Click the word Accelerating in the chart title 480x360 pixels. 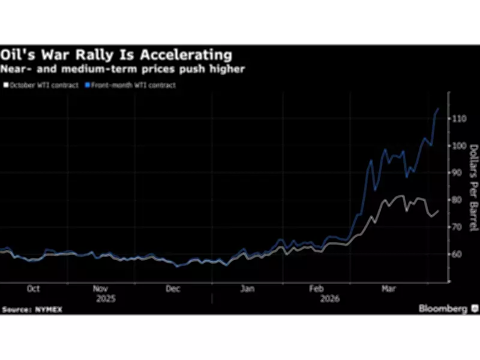point(185,55)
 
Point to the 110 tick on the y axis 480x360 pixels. point(459,119)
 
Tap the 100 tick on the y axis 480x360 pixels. point(459,146)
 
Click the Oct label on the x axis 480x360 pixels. point(34,289)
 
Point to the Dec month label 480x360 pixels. point(173,289)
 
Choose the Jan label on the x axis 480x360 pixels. point(247,289)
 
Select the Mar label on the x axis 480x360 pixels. point(389,289)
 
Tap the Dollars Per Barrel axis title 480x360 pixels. point(472,188)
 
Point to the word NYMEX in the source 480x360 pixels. point(49,309)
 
